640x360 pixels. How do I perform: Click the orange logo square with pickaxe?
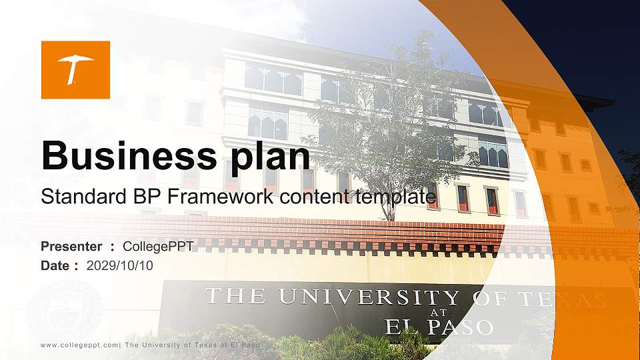click(75, 69)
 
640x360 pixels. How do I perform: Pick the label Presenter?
click(71, 247)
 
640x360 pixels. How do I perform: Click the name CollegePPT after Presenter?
click(159, 247)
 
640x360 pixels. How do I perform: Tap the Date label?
click(55, 265)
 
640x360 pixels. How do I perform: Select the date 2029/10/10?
click(120, 265)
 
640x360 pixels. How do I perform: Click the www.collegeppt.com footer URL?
click(79, 345)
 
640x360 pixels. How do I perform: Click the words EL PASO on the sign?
click(439, 327)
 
